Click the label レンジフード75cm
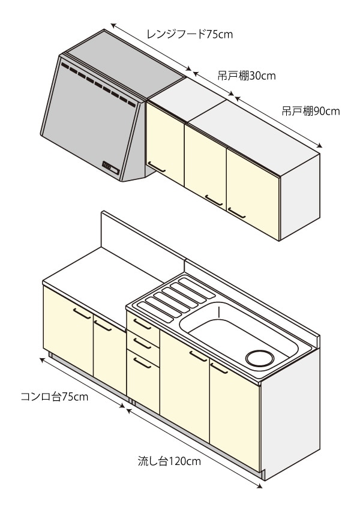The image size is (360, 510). coord(189,34)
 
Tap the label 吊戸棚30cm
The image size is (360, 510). coord(246,76)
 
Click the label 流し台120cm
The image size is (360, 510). coord(169,461)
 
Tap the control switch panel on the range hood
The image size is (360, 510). coord(110,166)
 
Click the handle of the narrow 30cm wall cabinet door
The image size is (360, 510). coord(157,166)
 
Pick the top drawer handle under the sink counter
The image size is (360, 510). coord(142,324)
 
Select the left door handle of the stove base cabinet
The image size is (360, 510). coord(82,313)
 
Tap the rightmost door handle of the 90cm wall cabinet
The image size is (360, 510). coord(236,212)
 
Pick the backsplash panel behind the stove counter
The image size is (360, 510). coord(141,239)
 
